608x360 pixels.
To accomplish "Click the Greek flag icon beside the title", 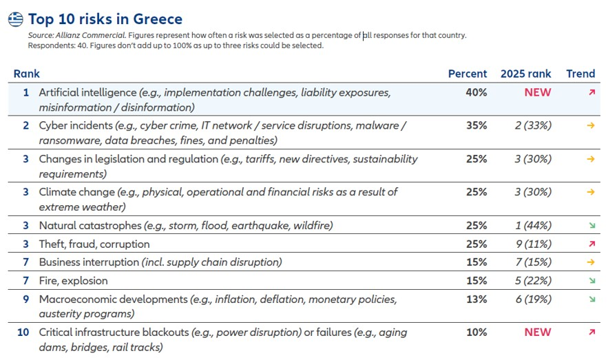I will (x=16, y=19).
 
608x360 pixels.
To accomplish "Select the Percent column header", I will (x=467, y=74).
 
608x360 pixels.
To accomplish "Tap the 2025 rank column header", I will (x=526, y=74).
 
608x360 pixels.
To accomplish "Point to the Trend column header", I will (x=580, y=74).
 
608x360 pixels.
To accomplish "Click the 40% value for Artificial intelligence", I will (x=476, y=92).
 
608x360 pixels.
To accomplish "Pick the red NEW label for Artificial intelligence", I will (x=537, y=92).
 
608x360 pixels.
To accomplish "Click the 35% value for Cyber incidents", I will (x=476, y=125).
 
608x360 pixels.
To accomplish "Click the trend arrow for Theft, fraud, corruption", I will (x=591, y=244).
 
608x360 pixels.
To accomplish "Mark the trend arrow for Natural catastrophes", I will (x=591, y=226).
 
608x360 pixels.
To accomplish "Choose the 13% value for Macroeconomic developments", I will (x=476, y=299).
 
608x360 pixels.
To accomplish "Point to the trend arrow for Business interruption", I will (x=591, y=262).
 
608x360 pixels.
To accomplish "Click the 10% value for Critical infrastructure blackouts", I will (x=476, y=332).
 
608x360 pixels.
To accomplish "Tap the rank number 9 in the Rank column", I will (x=25, y=299).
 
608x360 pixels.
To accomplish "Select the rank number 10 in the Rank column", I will (x=23, y=332).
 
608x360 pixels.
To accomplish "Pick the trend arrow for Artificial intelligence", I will (x=591, y=92).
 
